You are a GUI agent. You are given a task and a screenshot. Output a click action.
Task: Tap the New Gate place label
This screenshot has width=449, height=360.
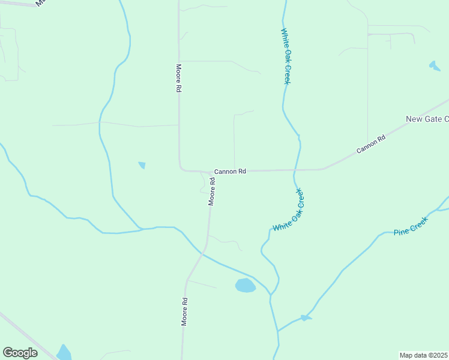[427, 119]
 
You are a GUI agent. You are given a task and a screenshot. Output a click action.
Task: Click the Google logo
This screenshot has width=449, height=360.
[20, 353]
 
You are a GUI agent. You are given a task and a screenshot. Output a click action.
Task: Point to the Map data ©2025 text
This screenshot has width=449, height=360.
[423, 355]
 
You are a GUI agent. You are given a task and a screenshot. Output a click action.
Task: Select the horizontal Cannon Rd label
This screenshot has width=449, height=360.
[231, 171]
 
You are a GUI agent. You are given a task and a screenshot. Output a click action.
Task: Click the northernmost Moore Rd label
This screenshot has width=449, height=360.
[178, 78]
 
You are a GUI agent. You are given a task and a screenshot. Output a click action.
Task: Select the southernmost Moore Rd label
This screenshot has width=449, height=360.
[185, 312]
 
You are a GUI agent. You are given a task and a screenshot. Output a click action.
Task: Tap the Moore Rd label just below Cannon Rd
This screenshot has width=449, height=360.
[212, 191]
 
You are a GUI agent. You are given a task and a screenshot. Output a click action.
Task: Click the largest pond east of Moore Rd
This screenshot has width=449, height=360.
[245, 285]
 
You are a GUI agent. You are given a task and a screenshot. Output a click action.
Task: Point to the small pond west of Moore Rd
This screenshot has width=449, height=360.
[142, 165]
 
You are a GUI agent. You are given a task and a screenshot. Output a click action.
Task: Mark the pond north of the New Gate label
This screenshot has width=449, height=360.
[435, 65]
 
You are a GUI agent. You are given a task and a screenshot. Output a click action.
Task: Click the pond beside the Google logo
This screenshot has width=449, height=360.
[64, 352]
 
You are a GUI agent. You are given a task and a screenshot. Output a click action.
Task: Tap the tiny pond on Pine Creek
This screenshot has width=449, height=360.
[306, 317]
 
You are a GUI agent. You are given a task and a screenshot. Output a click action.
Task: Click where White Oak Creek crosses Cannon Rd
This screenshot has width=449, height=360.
[295, 170]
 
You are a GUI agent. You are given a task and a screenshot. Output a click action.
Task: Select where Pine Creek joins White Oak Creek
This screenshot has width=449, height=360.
[277, 330]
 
